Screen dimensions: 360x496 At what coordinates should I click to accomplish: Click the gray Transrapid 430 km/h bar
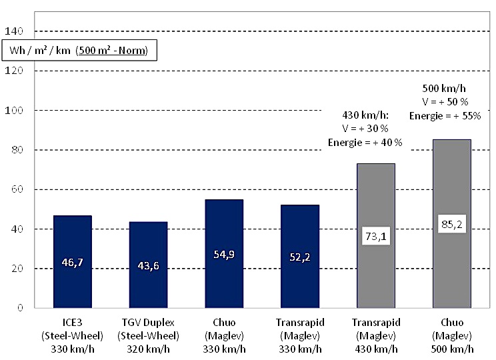pyautogui.click(x=376, y=280)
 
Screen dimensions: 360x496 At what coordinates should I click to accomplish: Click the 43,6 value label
pyautogui.click(x=148, y=266)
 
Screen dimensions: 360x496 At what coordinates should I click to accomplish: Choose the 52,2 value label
pyautogui.click(x=300, y=258)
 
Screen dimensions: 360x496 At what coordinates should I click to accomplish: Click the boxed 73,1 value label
pyautogui.click(x=376, y=235)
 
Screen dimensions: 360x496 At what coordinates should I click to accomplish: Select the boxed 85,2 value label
pyautogui.click(x=452, y=224)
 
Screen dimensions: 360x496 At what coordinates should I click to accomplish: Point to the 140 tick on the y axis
pyautogui.click(x=14, y=31)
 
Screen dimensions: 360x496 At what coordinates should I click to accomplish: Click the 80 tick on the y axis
pyautogui.click(x=17, y=150)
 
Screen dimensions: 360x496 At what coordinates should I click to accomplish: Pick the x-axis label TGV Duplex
pyautogui.click(x=148, y=323)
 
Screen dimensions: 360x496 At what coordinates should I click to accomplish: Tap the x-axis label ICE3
pyautogui.click(x=72, y=323)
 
